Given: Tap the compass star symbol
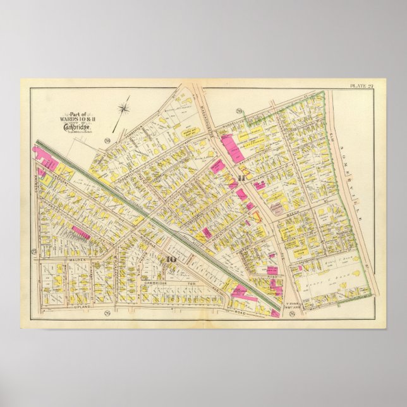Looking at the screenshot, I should coord(125,109).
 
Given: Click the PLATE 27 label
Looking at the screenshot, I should coord(361,85).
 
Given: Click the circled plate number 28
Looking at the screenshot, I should coord(109,140).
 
